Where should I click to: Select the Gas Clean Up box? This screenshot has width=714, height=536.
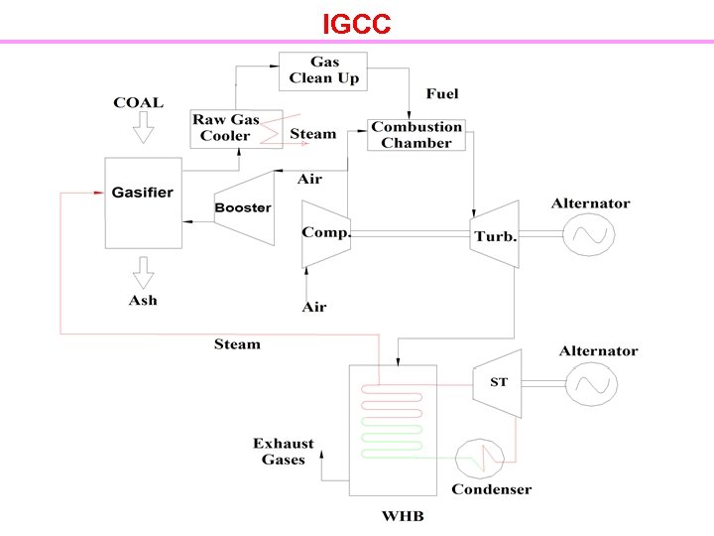pyautogui.click(x=323, y=70)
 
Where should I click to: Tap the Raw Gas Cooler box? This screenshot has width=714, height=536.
pyautogui.click(x=236, y=128)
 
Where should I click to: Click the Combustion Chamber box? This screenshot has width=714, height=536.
pyautogui.click(x=416, y=135)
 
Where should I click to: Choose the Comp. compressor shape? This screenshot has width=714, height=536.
pyautogui.click(x=324, y=234)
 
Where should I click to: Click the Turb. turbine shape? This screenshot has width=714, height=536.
pyautogui.click(x=495, y=235)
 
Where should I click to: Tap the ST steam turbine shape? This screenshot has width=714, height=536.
pyautogui.click(x=498, y=382)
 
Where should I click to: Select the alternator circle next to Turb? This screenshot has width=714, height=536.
pyautogui.click(x=590, y=235)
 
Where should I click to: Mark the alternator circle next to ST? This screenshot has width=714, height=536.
pyautogui.click(x=590, y=382)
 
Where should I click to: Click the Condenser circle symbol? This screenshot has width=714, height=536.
pyautogui.click(x=478, y=459)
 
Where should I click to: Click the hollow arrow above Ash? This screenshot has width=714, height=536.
pyautogui.click(x=143, y=270)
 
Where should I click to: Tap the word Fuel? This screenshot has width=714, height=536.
pyautogui.click(x=442, y=94)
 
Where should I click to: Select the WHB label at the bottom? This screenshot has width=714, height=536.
pyautogui.click(x=403, y=516)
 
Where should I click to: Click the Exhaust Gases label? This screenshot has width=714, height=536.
pyautogui.click(x=283, y=452)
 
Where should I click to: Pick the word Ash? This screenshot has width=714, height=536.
pyautogui.click(x=143, y=300)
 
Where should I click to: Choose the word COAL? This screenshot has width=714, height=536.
pyautogui.click(x=139, y=102)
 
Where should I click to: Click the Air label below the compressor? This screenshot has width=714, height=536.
pyautogui.click(x=313, y=308)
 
